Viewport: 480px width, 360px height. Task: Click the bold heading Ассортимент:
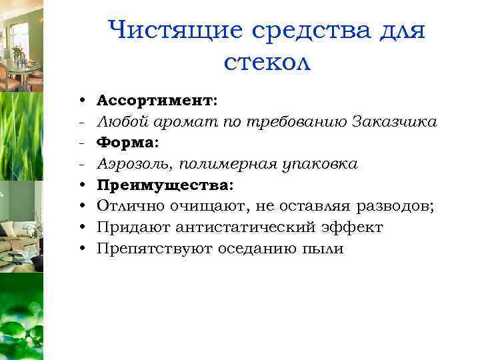157,100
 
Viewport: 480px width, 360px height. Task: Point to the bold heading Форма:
128,143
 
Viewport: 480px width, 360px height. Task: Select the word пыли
323,249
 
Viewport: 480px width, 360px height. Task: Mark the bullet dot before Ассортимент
80,101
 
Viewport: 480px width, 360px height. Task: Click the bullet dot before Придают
80,229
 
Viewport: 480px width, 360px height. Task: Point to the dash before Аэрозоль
79,164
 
